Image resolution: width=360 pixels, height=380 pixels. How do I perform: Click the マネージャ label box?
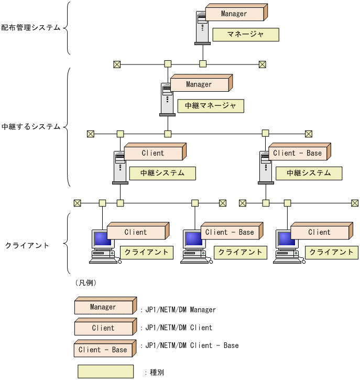pyautogui.click(x=245, y=35)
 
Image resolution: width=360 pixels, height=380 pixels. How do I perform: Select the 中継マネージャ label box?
pyautogui.click(x=211, y=106)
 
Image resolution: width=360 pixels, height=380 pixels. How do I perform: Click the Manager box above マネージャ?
pyautogui.click(x=234, y=14)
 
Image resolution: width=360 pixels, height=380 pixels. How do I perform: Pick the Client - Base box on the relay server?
pyautogui.click(x=297, y=153)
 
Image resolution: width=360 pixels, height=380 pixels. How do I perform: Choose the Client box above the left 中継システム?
pyautogui.click(x=152, y=153)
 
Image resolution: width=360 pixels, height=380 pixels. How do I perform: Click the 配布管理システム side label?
pyautogui.click(x=30, y=27)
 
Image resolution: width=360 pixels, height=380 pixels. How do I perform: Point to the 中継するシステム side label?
pyautogui.click(x=30, y=127)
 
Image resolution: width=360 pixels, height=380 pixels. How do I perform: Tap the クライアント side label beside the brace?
pyautogui.click(x=27, y=245)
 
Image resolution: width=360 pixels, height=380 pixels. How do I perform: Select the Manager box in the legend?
pyautogui.click(x=103, y=307)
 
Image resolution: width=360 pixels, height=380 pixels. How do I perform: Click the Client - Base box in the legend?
pyautogui.click(x=103, y=350)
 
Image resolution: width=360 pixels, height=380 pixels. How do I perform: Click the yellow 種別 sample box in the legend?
pyautogui.click(x=105, y=372)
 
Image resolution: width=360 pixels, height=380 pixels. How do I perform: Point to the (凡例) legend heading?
pyautogui.click(x=86, y=283)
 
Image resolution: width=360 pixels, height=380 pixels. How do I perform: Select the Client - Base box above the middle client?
pyautogui.click(x=230, y=232)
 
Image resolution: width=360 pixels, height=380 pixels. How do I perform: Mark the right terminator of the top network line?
pyautogui.click(x=263, y=64)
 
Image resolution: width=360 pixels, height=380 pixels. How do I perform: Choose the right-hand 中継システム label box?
pyautogui.click(x=309, y=173)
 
